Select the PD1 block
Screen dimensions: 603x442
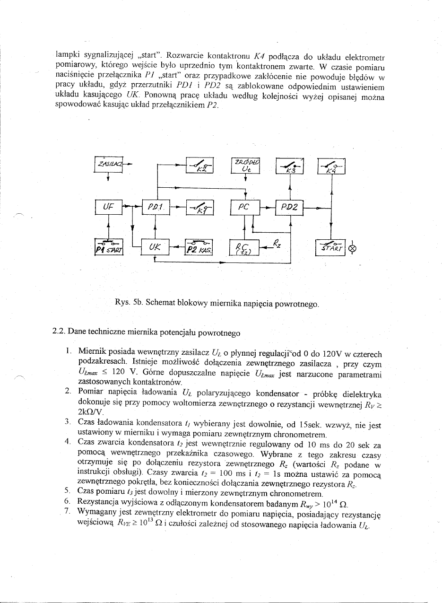[x=156, y=207]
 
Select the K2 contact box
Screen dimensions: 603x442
[x=200, y=165]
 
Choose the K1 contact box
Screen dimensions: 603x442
[x=200, y=208]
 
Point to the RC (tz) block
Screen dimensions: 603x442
[x=244, y=247]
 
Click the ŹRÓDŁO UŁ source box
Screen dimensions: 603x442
[x=245, y=166]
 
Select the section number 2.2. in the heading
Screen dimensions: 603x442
[x=59, y=332]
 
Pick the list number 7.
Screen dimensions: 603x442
[x=67, y=511]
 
